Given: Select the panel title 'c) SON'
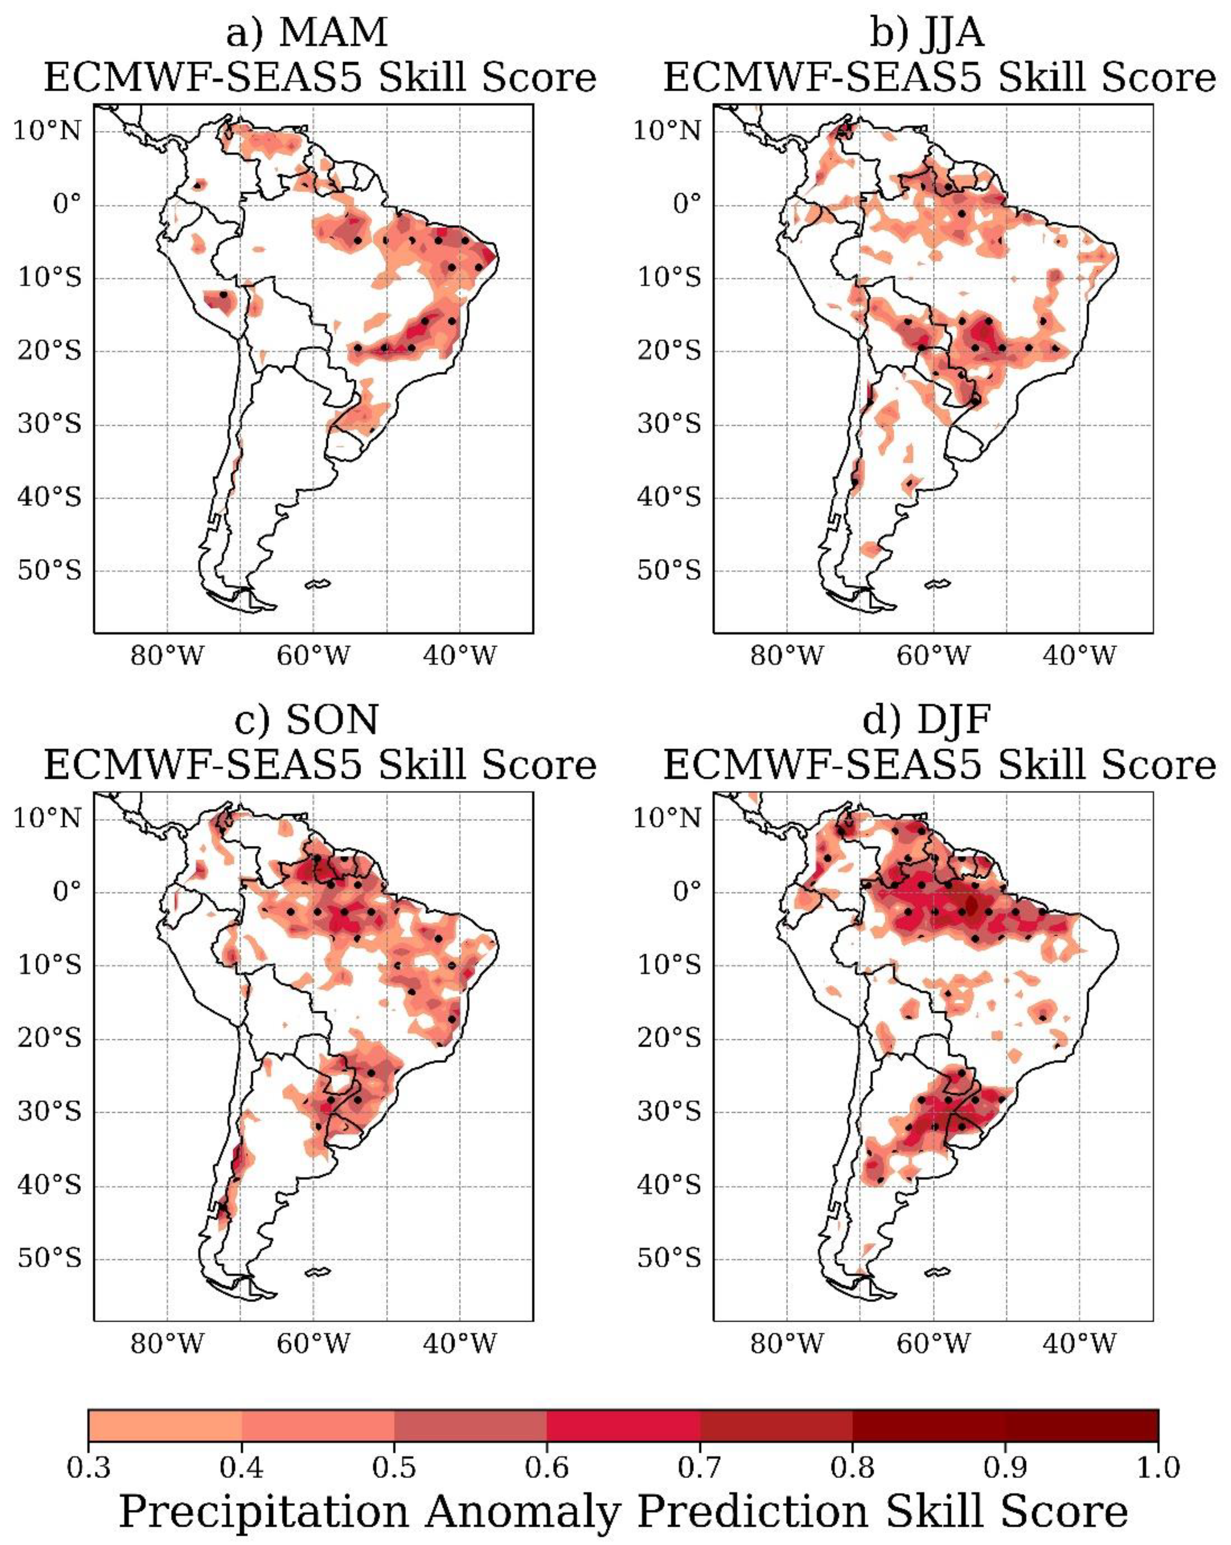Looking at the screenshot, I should [307, 720].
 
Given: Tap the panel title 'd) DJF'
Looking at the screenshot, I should [927, 720].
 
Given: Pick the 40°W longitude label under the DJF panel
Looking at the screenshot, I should [1079, 1344].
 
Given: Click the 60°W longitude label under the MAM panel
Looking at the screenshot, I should [313, 656].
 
